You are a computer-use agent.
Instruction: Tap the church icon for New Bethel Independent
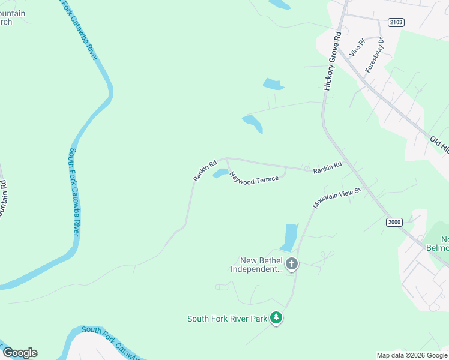coord(292,264)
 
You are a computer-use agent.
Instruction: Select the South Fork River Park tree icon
coord(276,318)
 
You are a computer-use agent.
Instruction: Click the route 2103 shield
coord(396,22)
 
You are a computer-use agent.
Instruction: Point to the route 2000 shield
coord(394,222)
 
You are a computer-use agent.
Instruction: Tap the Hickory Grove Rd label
coord(332,61)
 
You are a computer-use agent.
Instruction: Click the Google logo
coord(20,353)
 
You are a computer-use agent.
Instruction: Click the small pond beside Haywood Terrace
coord(219,173)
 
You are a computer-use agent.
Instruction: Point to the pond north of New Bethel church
coord(289,236)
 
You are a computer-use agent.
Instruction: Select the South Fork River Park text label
coord(227,319)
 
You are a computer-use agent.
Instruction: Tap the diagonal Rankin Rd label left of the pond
coord(205,170)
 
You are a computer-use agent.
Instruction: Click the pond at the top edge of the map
coord(279,4)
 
